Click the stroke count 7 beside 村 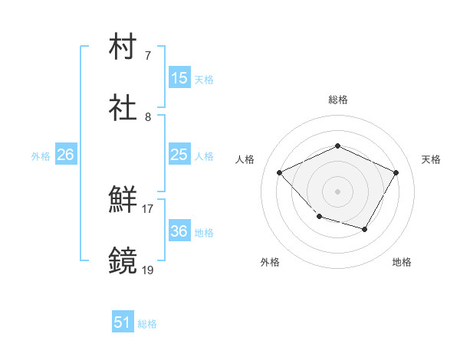tap(148, 56)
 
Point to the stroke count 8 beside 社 tap(148, 117)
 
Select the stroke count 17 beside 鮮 tap(147, 209)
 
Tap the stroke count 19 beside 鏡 tap(147, 270)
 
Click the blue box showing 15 tap(179, 78)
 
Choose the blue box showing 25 tap(179, 155)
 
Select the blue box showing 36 tap(179, 231)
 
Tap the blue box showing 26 tap(66, 155)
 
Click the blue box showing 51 tap(123, 323)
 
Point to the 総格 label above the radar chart tap(338, 100)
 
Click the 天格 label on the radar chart tap(431, 159)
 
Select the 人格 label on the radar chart tap(245, 159)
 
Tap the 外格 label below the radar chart tap(270, 263)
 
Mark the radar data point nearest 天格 tap(396, 172)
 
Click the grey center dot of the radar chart tap(337, 191)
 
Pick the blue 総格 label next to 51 tap(147, 324)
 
